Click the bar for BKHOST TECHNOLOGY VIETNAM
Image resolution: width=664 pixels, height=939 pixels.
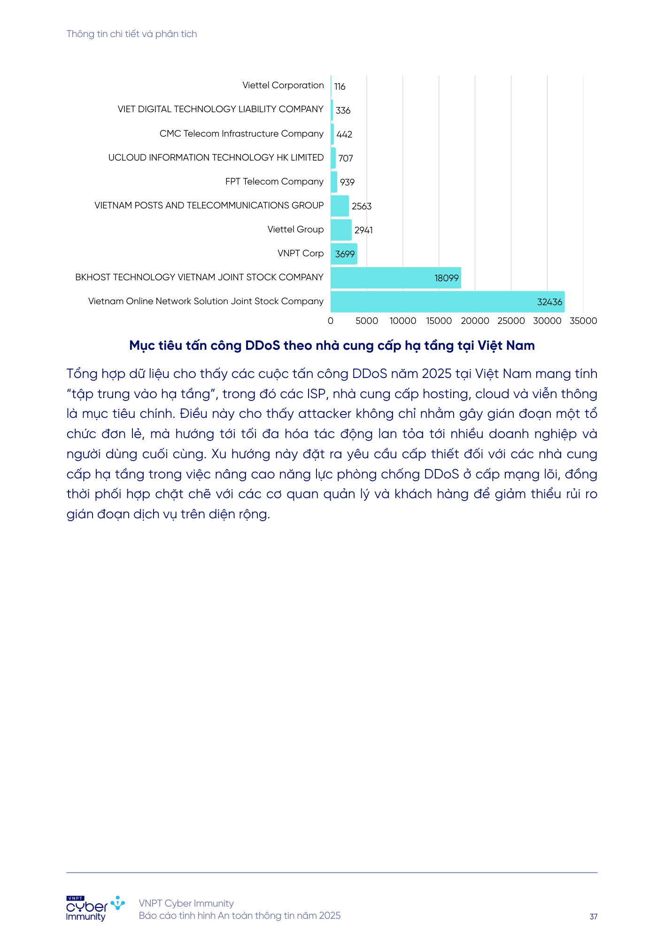395,278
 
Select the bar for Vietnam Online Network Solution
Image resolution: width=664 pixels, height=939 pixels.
447,302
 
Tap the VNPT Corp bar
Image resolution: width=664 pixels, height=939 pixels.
344,254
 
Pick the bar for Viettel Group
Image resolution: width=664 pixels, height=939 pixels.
341,230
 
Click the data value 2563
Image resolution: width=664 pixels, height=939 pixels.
362,206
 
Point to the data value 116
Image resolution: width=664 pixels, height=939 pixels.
340,86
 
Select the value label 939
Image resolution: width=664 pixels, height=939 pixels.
347,182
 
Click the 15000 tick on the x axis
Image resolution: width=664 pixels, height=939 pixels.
439,321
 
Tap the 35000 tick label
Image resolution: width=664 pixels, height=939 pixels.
583,321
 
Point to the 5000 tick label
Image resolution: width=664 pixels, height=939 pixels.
366,321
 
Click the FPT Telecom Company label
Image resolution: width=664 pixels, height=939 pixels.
274,182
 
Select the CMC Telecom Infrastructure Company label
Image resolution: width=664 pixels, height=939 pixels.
241,134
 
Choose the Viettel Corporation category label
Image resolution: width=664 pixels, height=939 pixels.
283,85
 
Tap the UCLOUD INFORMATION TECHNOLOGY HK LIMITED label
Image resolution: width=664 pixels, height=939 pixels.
216,158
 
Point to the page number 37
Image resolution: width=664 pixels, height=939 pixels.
594,916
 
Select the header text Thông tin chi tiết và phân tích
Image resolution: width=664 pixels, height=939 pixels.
131,34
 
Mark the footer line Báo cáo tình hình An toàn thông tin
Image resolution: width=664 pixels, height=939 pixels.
239,916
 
